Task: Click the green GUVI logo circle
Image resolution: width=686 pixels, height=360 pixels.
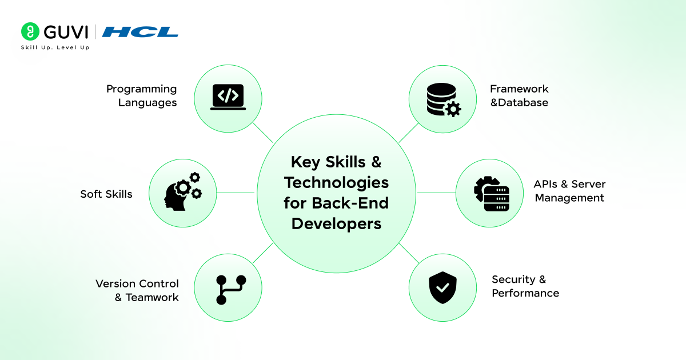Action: tap(30, 31)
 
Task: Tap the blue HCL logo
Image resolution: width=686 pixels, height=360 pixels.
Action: tap(140, 32)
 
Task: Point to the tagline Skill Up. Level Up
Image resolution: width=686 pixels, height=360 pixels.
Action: tap(55, 47)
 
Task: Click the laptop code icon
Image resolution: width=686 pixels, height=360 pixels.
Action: tap(228, 97)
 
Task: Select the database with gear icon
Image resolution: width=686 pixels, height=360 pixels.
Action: tap(444, 100)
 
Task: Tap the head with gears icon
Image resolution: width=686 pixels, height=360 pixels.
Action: tap(183, 191)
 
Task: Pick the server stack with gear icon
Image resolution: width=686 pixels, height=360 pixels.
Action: tap(492, 194)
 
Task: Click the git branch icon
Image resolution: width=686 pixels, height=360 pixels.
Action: tap(231, 290)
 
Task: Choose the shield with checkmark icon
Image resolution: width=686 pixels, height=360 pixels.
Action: tap(442, 287)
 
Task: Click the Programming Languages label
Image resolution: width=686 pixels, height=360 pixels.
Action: tap(142, 95)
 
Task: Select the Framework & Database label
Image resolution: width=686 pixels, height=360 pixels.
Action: tap(519, 95)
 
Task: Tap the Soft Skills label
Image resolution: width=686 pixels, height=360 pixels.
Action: tap(106, 194)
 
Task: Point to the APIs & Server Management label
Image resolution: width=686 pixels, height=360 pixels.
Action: tap(569, 191)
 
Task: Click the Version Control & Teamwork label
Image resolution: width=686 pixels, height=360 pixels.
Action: tap(137, 290)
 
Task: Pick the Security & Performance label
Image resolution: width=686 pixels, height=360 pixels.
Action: tap(525, 286)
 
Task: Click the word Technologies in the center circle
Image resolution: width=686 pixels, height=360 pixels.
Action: tap(336, 183)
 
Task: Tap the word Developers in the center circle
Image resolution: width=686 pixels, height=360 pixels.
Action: tap(336, 224)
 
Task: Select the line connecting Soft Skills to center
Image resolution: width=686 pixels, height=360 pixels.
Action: tap(236, 193)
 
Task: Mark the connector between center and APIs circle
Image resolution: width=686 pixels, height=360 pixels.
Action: tap(436, 193)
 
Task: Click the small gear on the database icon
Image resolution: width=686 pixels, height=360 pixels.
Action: tap(453, 109)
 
